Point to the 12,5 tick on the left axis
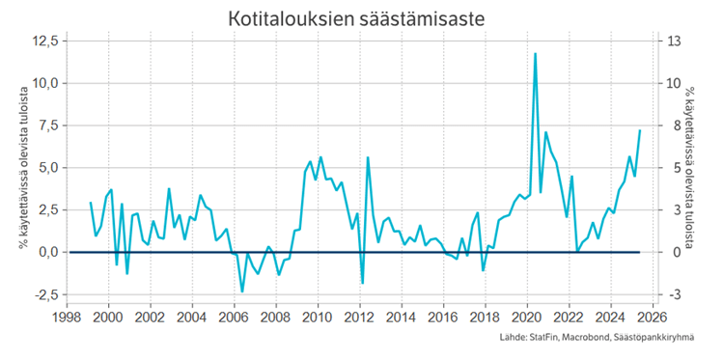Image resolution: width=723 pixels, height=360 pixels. (x=45, y=41)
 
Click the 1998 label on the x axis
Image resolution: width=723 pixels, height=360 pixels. (x=67, y=316)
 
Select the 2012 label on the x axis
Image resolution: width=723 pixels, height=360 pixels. (x=360, y=316)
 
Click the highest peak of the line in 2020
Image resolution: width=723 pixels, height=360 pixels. (x=535, y=54)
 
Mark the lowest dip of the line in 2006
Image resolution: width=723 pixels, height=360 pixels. (x=242, y=291)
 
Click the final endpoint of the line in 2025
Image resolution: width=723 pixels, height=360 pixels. (x=639, y=130)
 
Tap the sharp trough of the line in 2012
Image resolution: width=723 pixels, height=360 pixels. (x=363, y=283)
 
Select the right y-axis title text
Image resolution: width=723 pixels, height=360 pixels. (x=691, y=167)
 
